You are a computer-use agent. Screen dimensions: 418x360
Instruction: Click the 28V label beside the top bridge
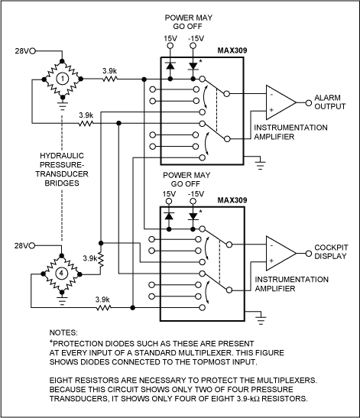[21, 51]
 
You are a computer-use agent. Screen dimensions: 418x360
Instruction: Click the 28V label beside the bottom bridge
[21, 245]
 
